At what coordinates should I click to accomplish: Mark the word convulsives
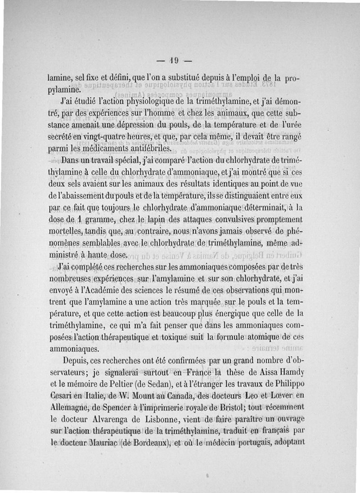(x=228, y=220)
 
